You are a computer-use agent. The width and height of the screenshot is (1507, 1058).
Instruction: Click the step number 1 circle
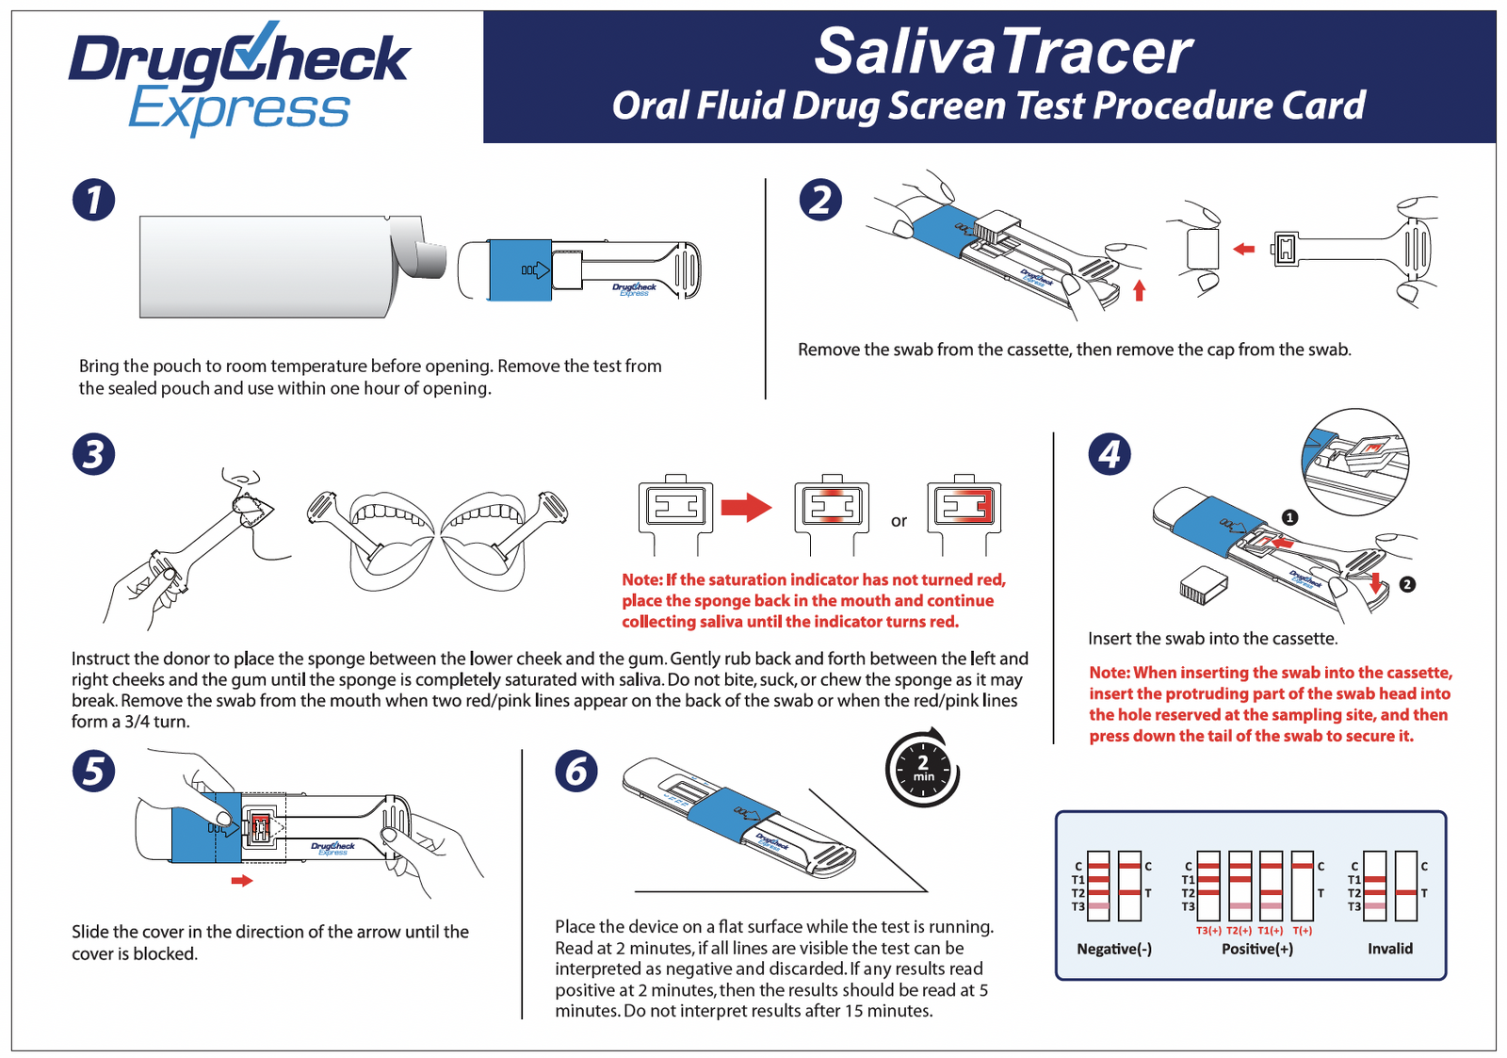tap(93, 200)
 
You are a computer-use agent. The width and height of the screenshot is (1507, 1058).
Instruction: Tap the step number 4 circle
tap(1110, 454)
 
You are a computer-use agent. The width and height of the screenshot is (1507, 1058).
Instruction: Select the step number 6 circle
tap(575, 772)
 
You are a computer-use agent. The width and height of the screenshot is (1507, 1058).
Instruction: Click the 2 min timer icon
tap(922, 769)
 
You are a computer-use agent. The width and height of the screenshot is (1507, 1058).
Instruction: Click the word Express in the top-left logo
tap(239, 110)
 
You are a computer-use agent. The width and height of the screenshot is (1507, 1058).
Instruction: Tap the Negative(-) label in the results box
tap(1114, 949)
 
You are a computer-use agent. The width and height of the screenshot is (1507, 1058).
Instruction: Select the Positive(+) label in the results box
tap(1256, 949)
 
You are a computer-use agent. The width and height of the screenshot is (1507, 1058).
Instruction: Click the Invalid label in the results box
tap(1390, 949)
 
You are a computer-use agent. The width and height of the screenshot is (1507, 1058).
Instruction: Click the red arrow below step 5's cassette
tap(242, 881)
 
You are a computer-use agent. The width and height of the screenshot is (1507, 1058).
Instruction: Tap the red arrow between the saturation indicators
tap(746, 507)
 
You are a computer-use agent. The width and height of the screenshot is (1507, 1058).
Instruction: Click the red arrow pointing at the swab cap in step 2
tap(1244, 250)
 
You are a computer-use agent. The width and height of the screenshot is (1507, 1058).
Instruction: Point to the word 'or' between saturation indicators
tap(899, 521)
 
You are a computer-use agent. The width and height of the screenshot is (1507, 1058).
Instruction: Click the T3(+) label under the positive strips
tap(1208, 931)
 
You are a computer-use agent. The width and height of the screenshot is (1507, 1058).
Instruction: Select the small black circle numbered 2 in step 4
tap(1407, 584)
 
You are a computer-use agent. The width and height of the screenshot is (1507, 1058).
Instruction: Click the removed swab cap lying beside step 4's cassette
tap(1203, 585)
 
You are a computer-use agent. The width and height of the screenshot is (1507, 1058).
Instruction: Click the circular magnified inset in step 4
tap(1355, 461)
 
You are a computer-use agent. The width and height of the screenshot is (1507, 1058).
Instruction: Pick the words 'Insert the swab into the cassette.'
tap(1212, 638)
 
